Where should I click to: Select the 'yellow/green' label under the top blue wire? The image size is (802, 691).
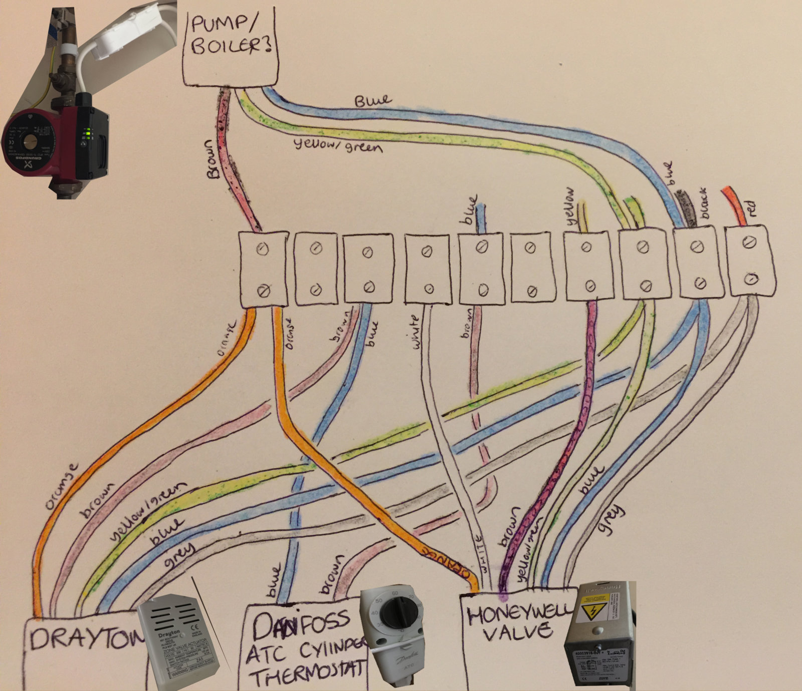point(339,146)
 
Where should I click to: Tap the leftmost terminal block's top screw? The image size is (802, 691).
point(263,250)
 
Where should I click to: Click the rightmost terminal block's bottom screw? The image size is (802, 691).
point(749,279)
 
